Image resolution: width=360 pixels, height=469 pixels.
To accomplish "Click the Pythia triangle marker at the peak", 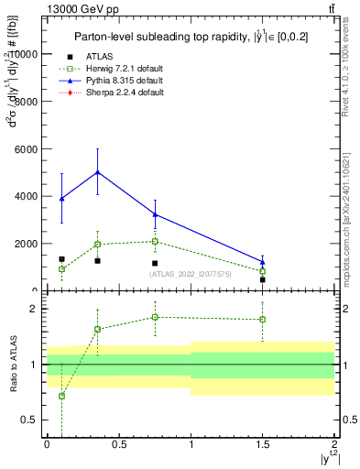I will [x=97, y=172].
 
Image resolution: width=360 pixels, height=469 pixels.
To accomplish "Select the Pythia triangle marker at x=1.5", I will [x=263, y=262].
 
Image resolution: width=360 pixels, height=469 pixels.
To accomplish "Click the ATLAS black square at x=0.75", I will [x=155, y=263].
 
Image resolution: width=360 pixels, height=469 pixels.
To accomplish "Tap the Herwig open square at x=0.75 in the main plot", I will [x=155, y=242].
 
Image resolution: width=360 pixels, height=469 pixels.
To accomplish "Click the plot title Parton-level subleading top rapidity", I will [x=189, y=37].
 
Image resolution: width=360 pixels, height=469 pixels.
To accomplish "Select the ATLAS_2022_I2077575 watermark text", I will [x=190, y=274].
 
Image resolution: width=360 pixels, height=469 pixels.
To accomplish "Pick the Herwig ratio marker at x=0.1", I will [x=61, y=396].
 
